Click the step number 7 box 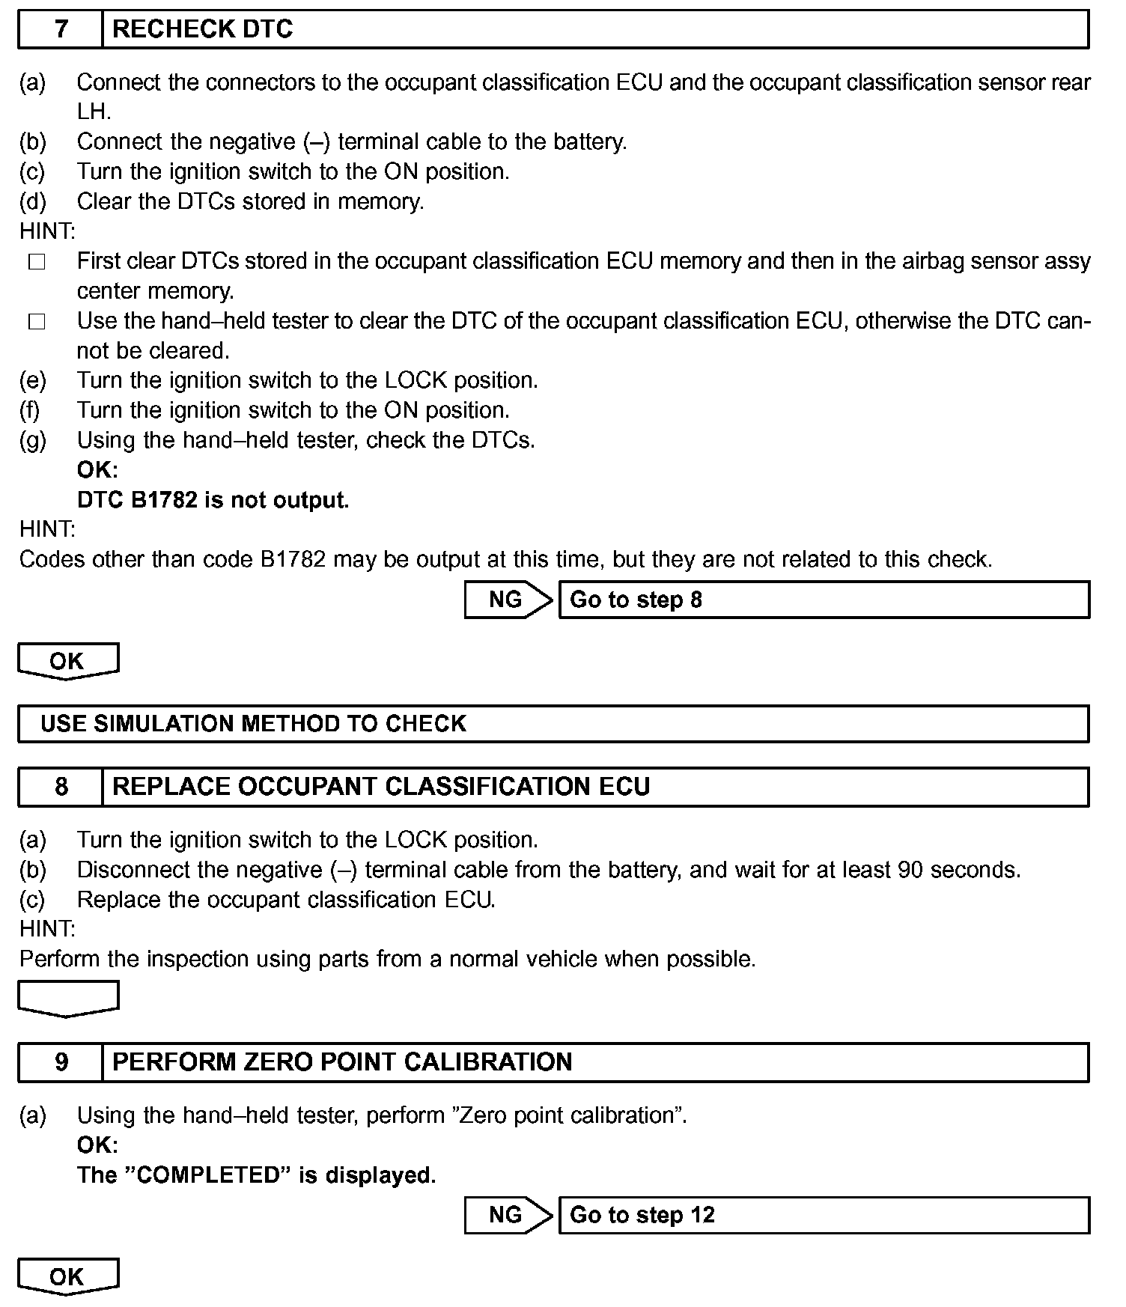(x=61, y=29)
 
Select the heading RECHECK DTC (x=202, y=29)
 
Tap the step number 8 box (x=61, y=787)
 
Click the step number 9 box (x=61, y=1062)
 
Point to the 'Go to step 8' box (x=824, y=600)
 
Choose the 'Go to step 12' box (x=824, y=1214)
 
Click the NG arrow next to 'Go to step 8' (x=508, y=600)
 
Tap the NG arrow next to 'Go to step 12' (x=508, y=1214)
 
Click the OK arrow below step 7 (x=67, y=661)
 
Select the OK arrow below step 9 (x=67, y=1276)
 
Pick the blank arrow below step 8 (x=67, y=999)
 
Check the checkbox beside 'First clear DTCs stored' (x=37, y=263)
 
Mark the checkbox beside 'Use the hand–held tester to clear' (x=37, y=323)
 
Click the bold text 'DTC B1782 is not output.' (x=213, y=500)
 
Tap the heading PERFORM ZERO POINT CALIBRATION (x=342, y=1062)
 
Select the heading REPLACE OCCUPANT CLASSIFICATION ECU (x=380, y=787)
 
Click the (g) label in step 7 (x=32, y=440)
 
